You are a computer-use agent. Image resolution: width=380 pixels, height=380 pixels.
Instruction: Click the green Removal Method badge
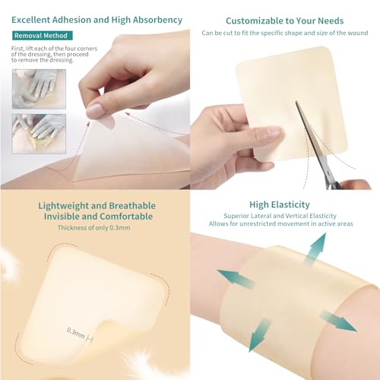click(x=43, y=35)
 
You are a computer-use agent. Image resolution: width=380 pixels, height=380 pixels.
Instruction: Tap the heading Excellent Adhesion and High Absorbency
click(x=96, y=19)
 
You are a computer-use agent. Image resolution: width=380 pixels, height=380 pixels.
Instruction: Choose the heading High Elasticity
click(x=284, y=205)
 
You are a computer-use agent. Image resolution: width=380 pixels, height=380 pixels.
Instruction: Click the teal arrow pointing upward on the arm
click(x=315, y=249)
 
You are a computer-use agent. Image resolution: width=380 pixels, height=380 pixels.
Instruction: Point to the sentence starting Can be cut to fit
click(x=284, y=33)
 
